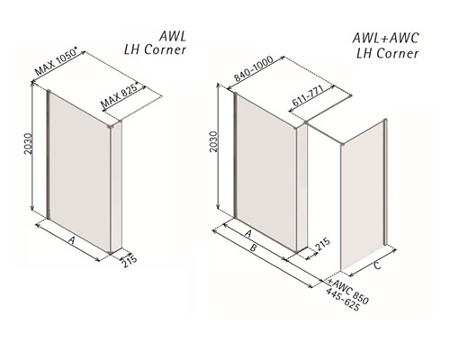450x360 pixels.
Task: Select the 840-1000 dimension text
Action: (254, 68)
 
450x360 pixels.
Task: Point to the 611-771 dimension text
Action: (308, 95)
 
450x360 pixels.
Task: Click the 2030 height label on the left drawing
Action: (28, 144)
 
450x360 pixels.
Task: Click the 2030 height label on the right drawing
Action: (213, 141)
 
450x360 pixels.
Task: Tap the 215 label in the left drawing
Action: (130, 261)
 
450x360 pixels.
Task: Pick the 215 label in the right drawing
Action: (323, 245)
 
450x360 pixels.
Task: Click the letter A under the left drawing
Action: (71, 240)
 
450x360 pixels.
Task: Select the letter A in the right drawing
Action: (247, 233)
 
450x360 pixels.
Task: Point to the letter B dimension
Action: (254, 248)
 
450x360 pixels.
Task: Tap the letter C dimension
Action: (377, 265)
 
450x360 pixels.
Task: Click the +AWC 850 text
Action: (348, 292)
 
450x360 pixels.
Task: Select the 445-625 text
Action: (343, 300)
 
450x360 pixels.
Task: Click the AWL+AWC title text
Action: (385, 39)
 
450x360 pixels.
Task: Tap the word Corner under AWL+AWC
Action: (398, 53)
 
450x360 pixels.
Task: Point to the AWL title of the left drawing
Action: (173, 37)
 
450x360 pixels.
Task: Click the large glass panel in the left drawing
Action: (80, 171)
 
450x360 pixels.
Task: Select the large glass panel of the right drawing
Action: (266, 173)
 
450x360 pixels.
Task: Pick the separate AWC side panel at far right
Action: (363, 195)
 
